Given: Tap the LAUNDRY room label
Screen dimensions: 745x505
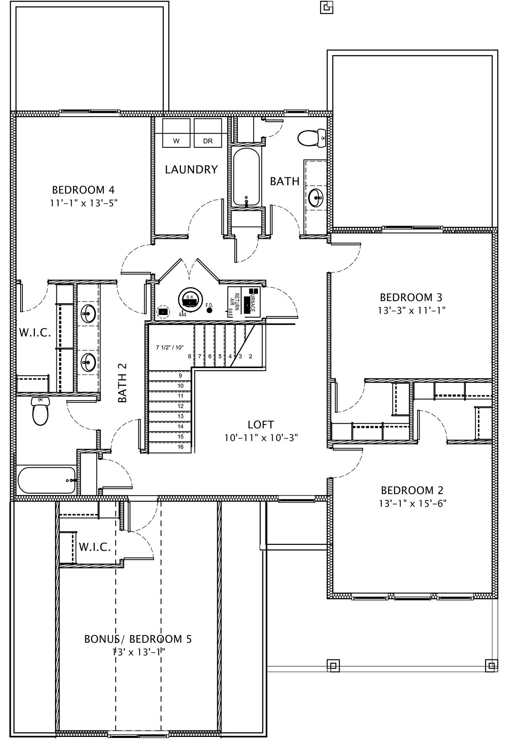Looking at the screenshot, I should coord(191,170).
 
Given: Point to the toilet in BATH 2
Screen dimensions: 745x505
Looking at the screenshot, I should coord(41,411).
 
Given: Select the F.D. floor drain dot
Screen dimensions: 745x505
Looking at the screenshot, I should coord(210,310).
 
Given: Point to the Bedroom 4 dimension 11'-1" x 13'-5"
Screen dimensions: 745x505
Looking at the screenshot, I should coord(83,203).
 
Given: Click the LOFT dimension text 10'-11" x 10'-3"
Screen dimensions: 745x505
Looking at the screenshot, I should coord(261,438).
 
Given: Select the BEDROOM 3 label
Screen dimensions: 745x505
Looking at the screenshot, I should coord(411,297).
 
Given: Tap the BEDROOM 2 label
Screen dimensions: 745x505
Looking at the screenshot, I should coord(412,490).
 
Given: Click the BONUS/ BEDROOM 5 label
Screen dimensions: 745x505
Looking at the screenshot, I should coord(138,639).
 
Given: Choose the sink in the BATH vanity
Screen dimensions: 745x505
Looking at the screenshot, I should coord(316,196).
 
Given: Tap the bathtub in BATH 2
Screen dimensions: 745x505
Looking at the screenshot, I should coord(46,480).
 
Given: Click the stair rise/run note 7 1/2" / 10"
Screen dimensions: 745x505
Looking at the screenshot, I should coord(170,347).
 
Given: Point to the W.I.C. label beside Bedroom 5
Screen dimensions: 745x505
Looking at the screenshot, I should coord(95,547).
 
